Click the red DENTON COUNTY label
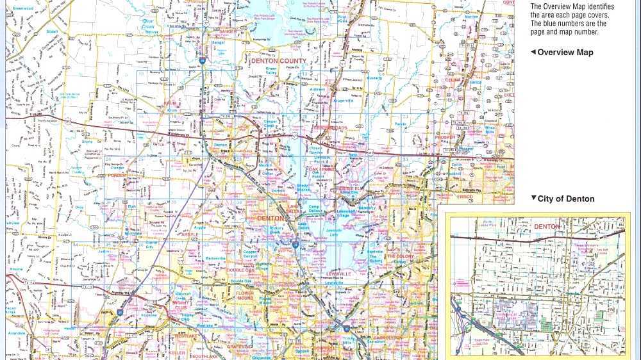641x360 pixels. tap(278, 61)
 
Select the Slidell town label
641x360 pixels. tap(51, 31)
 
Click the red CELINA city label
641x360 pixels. tap(453, 80)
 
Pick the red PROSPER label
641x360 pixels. tap(445, 137)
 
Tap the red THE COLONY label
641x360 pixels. tap(400, 256)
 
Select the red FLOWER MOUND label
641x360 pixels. tap(245, 296)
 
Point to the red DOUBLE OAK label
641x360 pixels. tap(240, 270)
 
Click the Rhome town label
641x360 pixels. tap(16, 270)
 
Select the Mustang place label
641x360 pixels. tap(374, 78)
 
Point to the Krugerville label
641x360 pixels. tap(343, 101)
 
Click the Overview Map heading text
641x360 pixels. tap(565, 53)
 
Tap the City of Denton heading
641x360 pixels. tap(566, 199)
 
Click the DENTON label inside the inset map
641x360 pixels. tap(547, 227)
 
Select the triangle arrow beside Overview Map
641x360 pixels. tap(533, 53)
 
